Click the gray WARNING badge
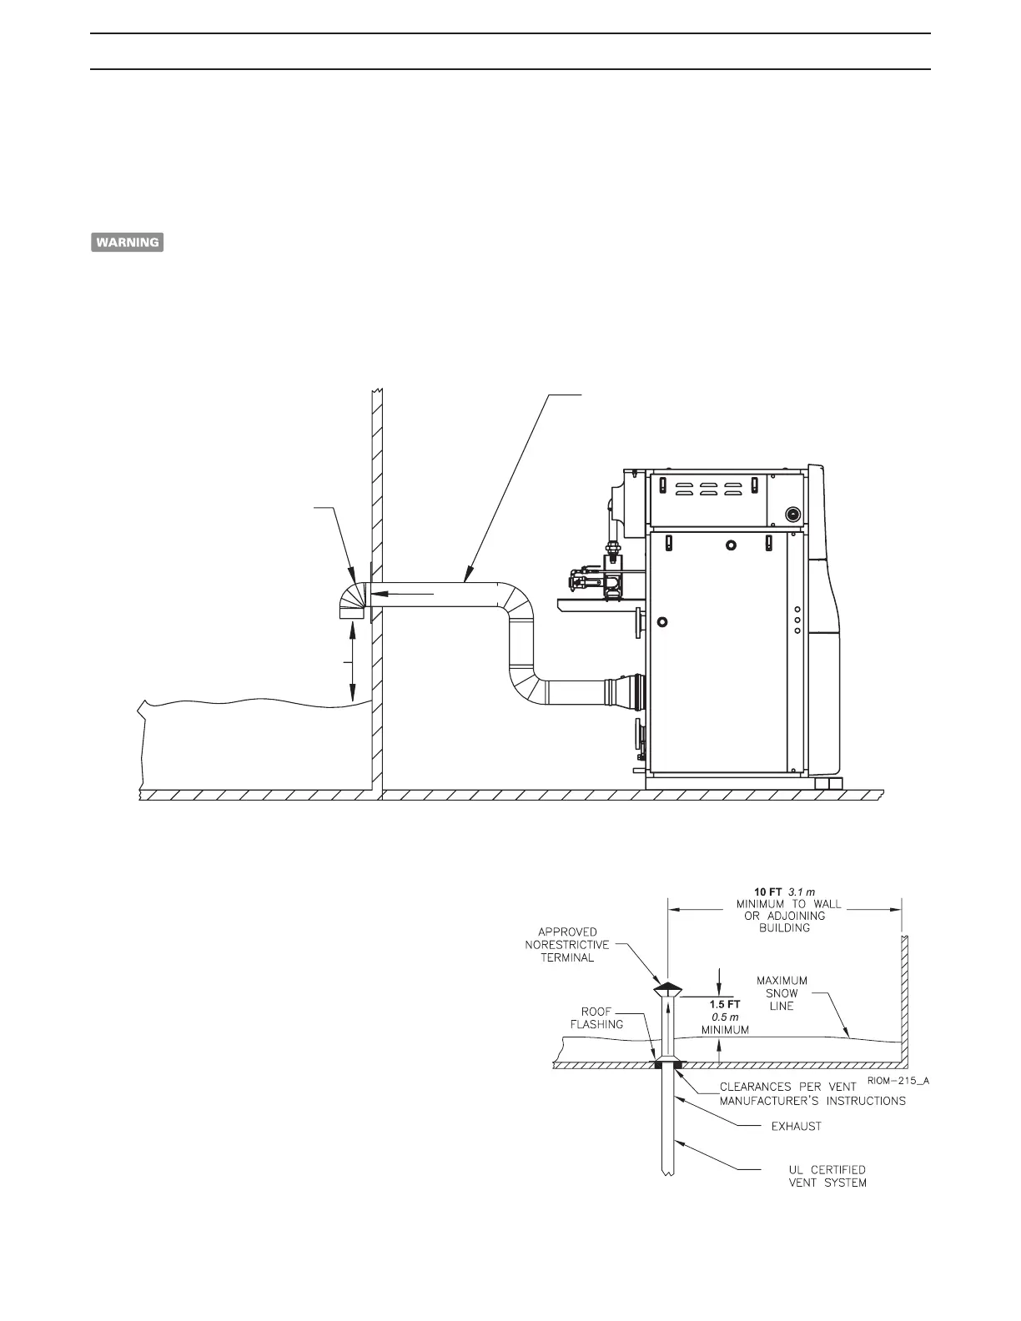127,243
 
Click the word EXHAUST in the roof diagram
796,1126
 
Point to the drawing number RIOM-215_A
896,1080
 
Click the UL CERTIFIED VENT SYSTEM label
815,1176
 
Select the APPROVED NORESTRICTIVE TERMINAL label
566,944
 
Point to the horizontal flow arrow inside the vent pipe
404,593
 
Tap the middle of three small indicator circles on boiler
797,620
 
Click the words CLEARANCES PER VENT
787,1087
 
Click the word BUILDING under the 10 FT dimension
787,927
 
